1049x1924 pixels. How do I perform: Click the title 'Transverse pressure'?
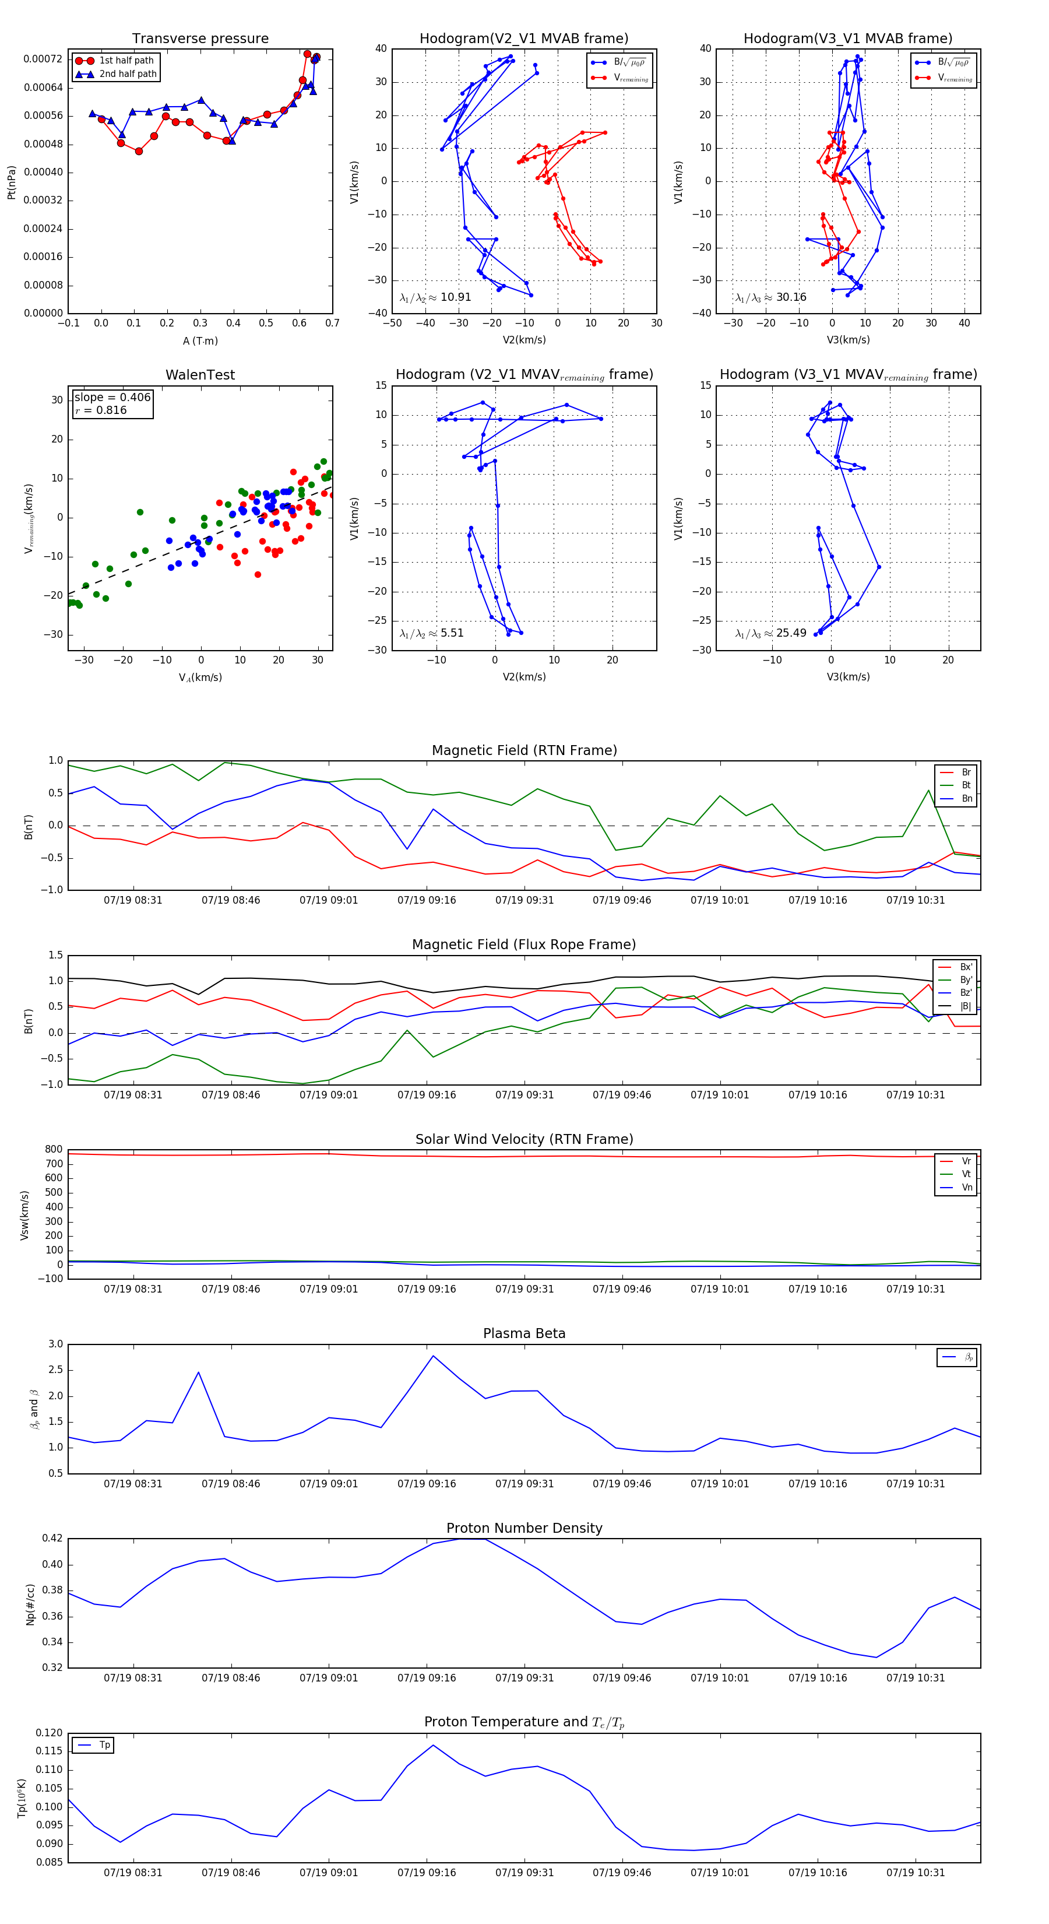[200, 39]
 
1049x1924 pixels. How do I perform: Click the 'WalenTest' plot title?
[200, 375]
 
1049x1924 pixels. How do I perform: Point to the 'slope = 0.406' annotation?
[112, 398]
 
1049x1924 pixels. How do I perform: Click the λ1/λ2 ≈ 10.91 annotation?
[435, 297]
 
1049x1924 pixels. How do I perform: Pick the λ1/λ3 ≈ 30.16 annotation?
[770, 297]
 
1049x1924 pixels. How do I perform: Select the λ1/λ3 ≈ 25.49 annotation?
[770, 633]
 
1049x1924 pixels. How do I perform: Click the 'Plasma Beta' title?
[524, 1334]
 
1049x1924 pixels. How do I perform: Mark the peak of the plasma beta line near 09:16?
[433, 1356]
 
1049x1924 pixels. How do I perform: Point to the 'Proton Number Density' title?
[524, 1528]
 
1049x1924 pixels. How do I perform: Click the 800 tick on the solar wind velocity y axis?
[54, 1150]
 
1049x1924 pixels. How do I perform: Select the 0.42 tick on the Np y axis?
[52, 1539]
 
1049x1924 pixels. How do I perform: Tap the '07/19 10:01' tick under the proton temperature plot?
[719, 1873]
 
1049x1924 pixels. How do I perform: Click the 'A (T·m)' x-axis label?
[200, 340]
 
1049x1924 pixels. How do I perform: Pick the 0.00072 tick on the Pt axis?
[43, 59]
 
